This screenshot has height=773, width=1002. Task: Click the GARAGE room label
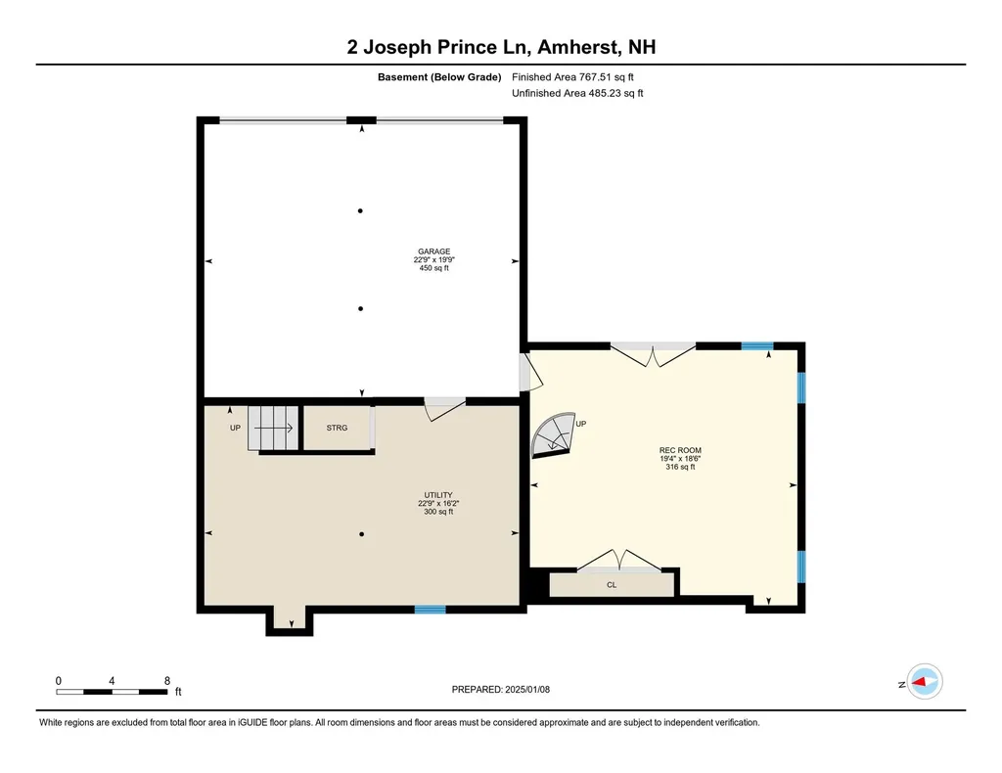434,251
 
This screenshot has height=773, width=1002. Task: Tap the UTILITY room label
434,495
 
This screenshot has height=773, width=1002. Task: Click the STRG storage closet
337,428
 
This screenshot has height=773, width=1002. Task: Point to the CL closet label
612,585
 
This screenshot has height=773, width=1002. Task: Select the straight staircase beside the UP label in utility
271,428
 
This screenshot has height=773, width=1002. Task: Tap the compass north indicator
924,682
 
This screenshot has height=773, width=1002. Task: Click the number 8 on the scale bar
167,680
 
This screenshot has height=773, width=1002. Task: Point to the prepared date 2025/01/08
508,690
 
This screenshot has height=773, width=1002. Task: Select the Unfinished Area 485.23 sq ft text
577,94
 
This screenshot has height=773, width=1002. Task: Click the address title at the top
501,46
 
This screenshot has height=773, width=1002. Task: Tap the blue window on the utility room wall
430,610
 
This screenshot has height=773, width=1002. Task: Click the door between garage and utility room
445,408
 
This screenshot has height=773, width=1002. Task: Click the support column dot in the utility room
362,534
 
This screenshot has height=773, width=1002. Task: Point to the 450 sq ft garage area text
434,268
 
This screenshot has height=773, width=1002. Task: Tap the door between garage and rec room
526,373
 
